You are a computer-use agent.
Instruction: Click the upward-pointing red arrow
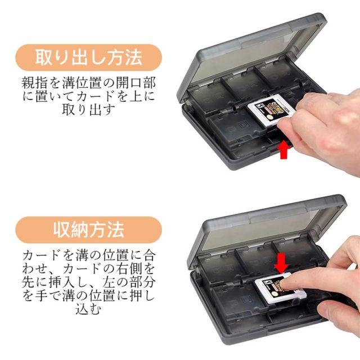(x=284, y=150)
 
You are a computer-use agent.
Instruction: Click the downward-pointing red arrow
(x=281, y=263)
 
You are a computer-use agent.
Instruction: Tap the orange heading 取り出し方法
(x=89, y=57)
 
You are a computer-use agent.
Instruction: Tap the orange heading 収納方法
(x=89, y=230)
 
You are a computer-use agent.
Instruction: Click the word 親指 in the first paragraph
(x=35, y=83)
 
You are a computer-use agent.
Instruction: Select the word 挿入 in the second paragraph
(x=62, y=282)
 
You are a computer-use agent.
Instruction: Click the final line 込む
(x=88, y=309)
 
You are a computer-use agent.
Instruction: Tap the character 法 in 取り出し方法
(x=133, y=57)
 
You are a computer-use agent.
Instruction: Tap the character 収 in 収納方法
(x=62, y=230)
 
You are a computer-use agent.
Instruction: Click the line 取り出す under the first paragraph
(x=88, y=110)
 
